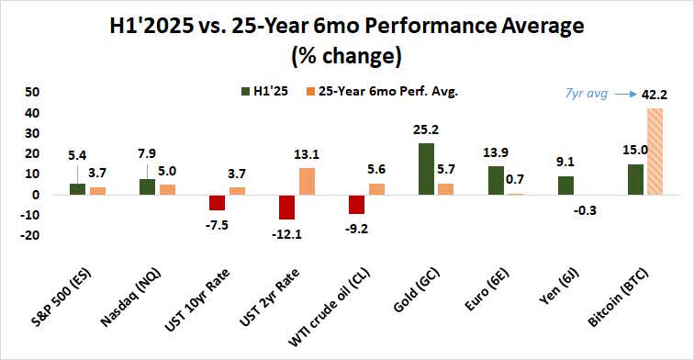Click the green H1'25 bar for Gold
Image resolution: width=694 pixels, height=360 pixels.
point(426,169)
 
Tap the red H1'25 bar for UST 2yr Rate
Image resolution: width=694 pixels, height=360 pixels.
point(287,207)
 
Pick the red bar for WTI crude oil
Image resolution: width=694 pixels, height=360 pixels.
point(356,204)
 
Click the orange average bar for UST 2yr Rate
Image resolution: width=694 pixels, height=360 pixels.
point(308,181)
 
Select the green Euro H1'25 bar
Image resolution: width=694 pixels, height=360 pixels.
point(496,180)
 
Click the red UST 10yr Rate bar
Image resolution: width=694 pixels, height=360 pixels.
point(218,202)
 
